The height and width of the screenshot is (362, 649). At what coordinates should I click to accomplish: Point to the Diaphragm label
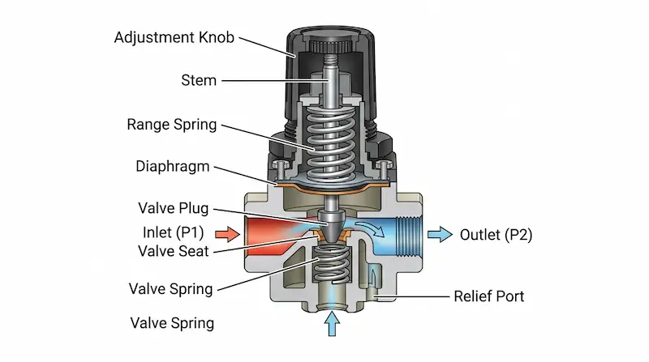tap(173, 166)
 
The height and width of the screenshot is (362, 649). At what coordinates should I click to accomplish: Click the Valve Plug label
tap(173, 208)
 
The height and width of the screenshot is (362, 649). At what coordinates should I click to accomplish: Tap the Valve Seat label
tap(172, 252)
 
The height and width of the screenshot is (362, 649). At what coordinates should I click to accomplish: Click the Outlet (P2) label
tap(496, 235)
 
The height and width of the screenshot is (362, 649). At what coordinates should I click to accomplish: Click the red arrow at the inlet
tap(230, 235)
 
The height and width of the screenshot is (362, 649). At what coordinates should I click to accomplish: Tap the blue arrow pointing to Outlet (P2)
tap(440, 235)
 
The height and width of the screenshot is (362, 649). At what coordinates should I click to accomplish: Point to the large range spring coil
tap(330, 138)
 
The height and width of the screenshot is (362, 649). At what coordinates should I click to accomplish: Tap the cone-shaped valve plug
tap(330, 219)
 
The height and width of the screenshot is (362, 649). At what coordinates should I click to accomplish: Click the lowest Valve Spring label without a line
tap(172, 323)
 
